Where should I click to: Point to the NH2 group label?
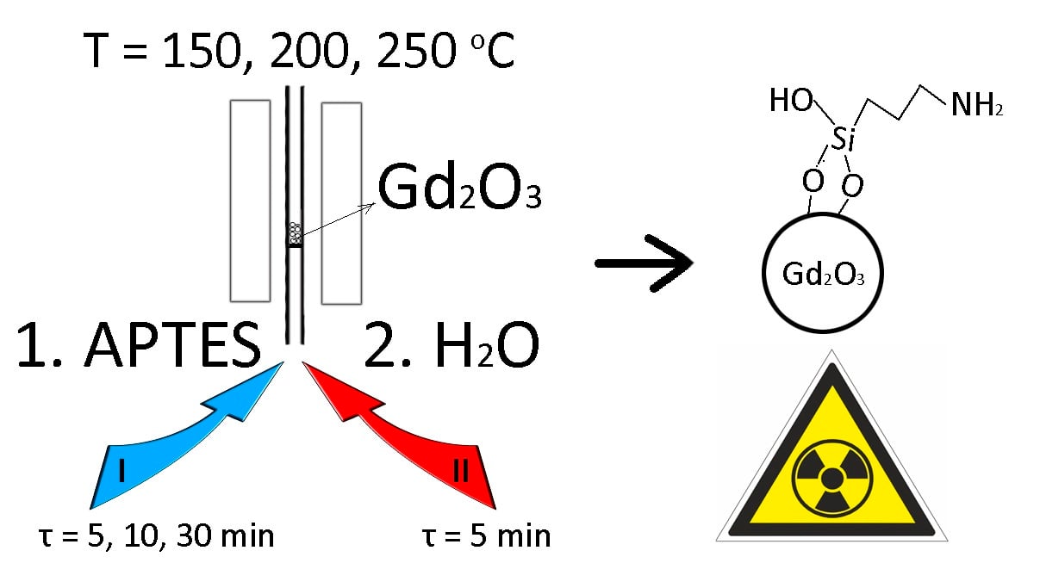(x=977, y=106)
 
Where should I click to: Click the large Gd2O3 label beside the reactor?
(x=459, y=191)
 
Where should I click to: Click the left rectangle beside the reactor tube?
(x=250, y=200)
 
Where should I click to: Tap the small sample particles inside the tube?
(x=295, y=232)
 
